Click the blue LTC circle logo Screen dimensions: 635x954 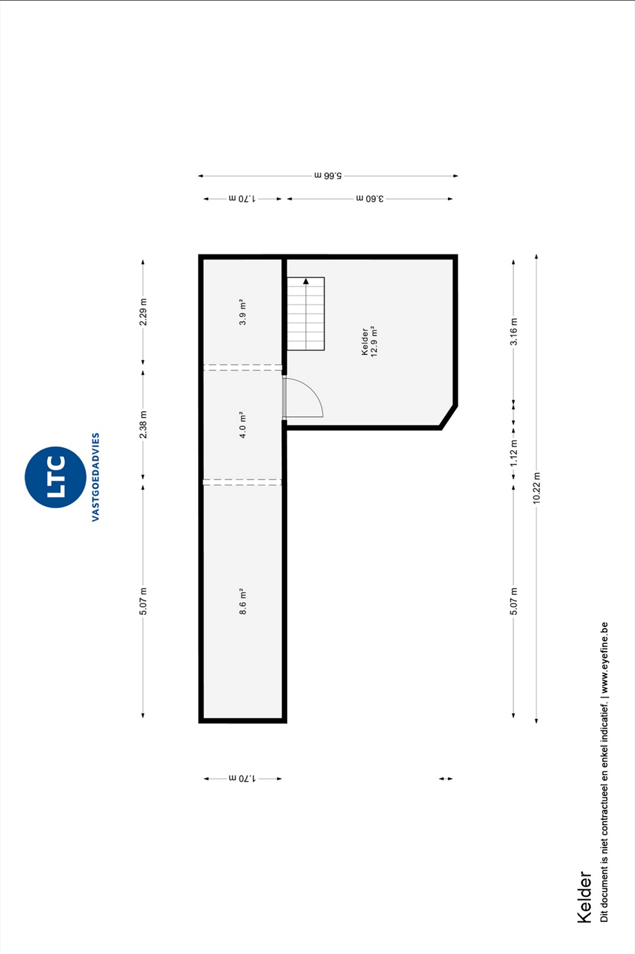click(x=55, y=477)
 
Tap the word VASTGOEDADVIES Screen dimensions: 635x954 click(x=95, y=477)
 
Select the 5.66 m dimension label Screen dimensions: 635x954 click(x=328, y=176)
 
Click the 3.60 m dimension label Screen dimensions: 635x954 click(x=370, y=199)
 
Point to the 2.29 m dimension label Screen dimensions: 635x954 click(x=143, y=312)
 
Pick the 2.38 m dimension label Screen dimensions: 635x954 click(x=143, y=425)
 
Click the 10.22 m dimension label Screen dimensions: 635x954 click(x=537, y=488)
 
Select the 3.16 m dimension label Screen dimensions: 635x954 click(x=513, y=332)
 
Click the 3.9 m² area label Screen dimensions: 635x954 click(x=243, y=312)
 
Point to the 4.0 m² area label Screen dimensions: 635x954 click(x=243, y=425)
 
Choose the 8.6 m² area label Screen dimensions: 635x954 click(x=243, y=602)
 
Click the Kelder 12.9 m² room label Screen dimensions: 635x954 click(x=369, y=341)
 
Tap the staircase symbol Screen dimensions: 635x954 click(x=306, y=314)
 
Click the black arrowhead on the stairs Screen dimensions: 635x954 click(x=306, y=281)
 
